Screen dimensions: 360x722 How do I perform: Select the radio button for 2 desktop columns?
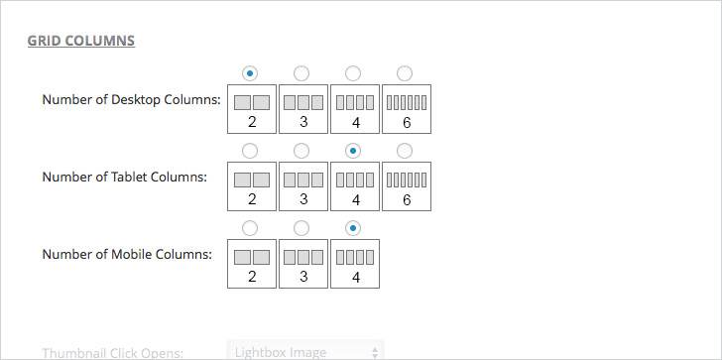251,72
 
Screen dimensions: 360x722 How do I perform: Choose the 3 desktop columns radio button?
302,72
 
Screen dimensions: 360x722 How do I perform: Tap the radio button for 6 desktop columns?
405,72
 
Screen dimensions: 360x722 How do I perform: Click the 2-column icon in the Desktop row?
252,109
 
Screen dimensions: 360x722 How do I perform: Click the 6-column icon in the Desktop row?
406,109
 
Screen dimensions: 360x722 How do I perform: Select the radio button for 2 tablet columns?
251,150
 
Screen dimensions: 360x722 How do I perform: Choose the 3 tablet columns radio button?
302,150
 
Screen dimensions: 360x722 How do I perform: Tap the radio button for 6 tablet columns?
405,150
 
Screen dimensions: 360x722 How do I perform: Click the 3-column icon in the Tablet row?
303,186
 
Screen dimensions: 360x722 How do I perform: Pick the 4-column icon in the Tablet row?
355,186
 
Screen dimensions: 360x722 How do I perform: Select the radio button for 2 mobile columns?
251,227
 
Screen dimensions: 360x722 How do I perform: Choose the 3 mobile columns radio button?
302,227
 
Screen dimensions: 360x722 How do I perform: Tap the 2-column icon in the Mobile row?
252,264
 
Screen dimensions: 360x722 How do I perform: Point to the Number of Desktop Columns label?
131,99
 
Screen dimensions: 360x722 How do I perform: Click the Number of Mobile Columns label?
127,254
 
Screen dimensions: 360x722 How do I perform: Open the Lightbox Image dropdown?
305,351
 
